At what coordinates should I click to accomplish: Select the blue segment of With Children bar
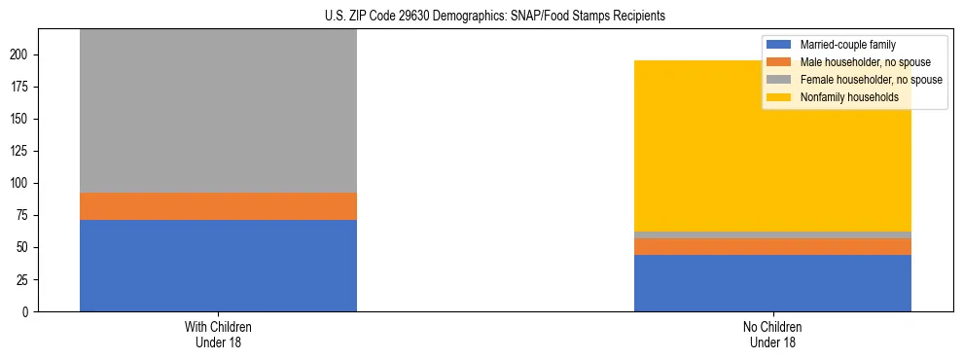(x=218, y=266)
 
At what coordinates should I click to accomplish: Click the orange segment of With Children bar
(x=218, y=206)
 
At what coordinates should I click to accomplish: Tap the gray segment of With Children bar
(x=218, y=111)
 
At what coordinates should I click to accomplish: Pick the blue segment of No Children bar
(x=772, y=283)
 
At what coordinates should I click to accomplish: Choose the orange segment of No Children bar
(x=772, y=247)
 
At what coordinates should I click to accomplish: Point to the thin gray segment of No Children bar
(x=772, y=235)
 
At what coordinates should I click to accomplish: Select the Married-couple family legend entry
(x=846, y=45)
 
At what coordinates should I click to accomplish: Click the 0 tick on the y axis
(x=29, y=312)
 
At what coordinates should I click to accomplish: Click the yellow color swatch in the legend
(x=779, y=97)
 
